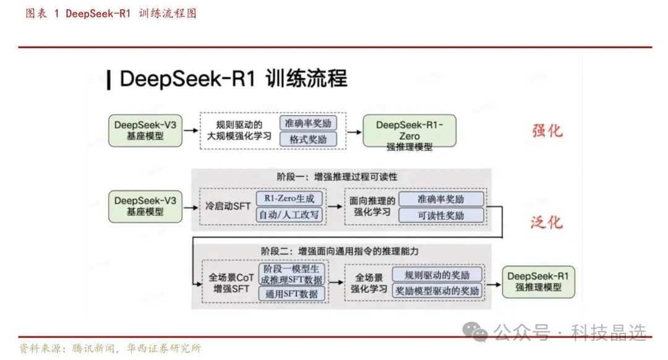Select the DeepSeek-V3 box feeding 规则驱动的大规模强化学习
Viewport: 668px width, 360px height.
tap(145, 130)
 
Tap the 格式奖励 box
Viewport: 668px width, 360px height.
tap(308, 139)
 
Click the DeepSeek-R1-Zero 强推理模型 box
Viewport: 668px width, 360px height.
tap(409, 131)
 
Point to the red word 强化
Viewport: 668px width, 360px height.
tap(548, 131)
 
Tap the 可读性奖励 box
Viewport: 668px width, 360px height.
tap(441, 215)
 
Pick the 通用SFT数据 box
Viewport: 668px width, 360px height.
tap(291, 294)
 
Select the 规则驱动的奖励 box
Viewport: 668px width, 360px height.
tap(437, 275)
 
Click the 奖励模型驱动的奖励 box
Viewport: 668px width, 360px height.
tap(437, 291)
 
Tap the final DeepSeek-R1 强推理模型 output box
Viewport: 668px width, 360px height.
tap(538, 282)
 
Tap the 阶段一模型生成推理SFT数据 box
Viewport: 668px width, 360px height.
tap(293, 274)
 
